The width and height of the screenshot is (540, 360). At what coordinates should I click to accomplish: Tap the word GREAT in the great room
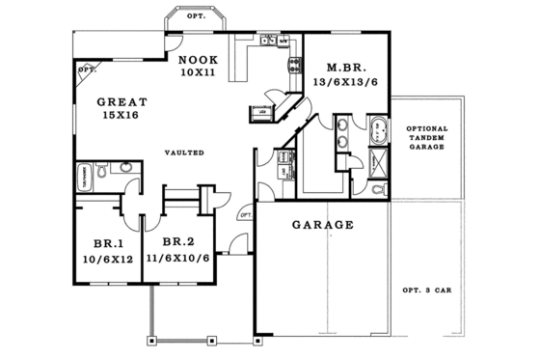tap(121, 99)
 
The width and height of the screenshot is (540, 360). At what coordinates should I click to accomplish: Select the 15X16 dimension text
tap(122, 114)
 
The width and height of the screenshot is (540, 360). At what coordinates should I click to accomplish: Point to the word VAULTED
tap(183, 152)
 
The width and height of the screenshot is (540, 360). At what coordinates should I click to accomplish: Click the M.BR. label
tap(344, 68)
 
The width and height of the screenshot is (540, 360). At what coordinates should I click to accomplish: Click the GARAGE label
tap(323, 225)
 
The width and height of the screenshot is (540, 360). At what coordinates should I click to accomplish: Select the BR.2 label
tap(179, 242)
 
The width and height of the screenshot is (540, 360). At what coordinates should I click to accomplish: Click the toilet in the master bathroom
tap(378, 188)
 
